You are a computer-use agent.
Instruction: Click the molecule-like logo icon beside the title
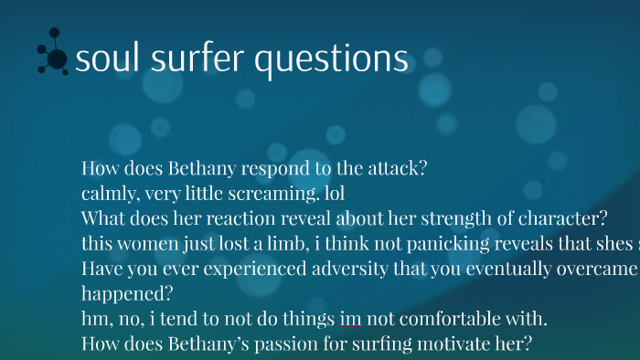point(53,55)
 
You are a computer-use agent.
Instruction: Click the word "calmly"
point(108,194)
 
